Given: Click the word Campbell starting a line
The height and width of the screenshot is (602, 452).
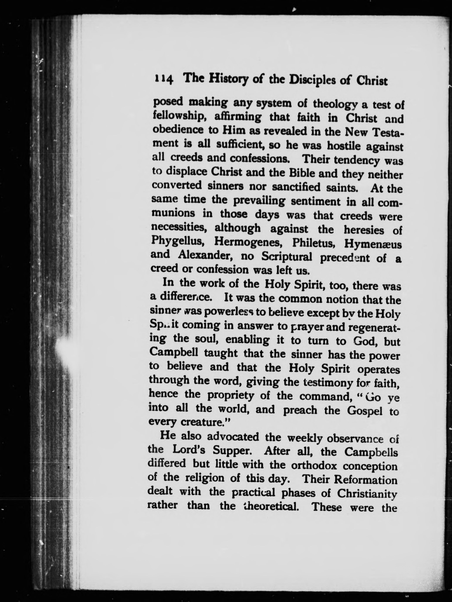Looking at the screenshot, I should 174,353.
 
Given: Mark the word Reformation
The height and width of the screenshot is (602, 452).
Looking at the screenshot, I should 366,480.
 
